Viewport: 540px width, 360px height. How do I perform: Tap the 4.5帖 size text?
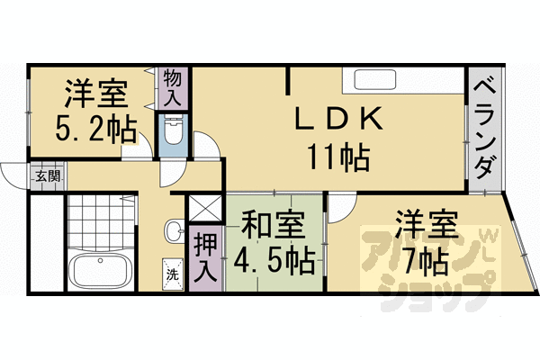274,261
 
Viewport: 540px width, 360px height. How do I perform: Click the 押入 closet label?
206,256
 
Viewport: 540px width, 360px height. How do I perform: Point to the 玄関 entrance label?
47,175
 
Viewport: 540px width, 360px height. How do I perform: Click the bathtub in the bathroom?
102,271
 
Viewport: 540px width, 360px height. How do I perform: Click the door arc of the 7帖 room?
340,209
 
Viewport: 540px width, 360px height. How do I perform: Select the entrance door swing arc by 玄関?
14,173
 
